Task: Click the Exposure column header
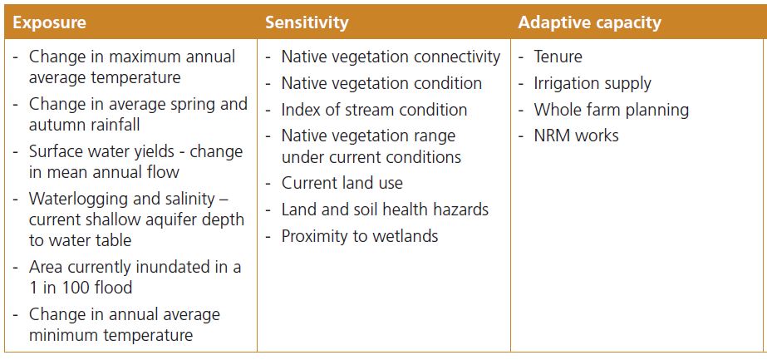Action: [49, 22]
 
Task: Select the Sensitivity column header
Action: [307, 22]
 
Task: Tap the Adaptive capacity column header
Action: [589, 22]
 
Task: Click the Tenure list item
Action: [558, 57]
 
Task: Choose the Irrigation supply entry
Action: [592, 84]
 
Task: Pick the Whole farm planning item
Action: [611, 110]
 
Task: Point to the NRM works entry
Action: [576, 136]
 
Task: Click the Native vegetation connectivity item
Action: [391, 57]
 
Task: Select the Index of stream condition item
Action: [374, 110]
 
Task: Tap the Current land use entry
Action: [342, 184]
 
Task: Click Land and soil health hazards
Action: [385, 210]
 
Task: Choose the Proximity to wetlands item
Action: [360, 237]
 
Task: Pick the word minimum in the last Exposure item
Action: [61, 336]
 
